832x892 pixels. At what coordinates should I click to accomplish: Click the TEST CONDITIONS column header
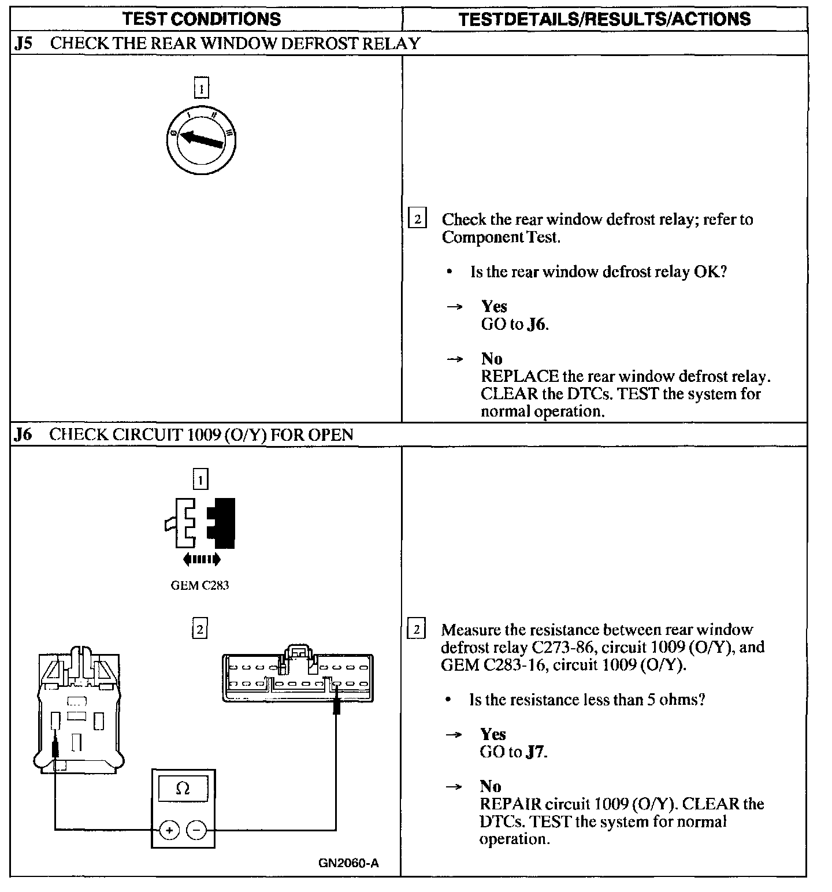[202, 18]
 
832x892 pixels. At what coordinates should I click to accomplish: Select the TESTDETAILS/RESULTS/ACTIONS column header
[604, 18]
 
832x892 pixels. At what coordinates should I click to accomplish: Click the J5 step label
[23, 44]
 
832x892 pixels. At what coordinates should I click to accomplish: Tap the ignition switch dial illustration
[201, 139]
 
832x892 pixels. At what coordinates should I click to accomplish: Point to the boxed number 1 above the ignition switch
[201, 89]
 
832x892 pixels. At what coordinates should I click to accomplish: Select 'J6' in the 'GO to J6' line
[536, 324]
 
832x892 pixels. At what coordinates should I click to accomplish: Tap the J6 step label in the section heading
[23, 435]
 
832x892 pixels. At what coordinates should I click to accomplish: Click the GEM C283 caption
[200, 585]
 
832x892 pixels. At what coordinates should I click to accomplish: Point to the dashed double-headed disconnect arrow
[201, 559]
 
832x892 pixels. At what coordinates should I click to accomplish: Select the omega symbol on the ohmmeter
[183, 789]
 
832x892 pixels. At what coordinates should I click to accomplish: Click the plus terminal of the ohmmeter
[169, 831]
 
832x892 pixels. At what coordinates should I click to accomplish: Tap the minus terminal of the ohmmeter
[196, 831]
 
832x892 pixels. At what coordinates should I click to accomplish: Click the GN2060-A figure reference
[348, 864]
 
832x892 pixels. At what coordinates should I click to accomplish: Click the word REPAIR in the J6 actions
[510, 804]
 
